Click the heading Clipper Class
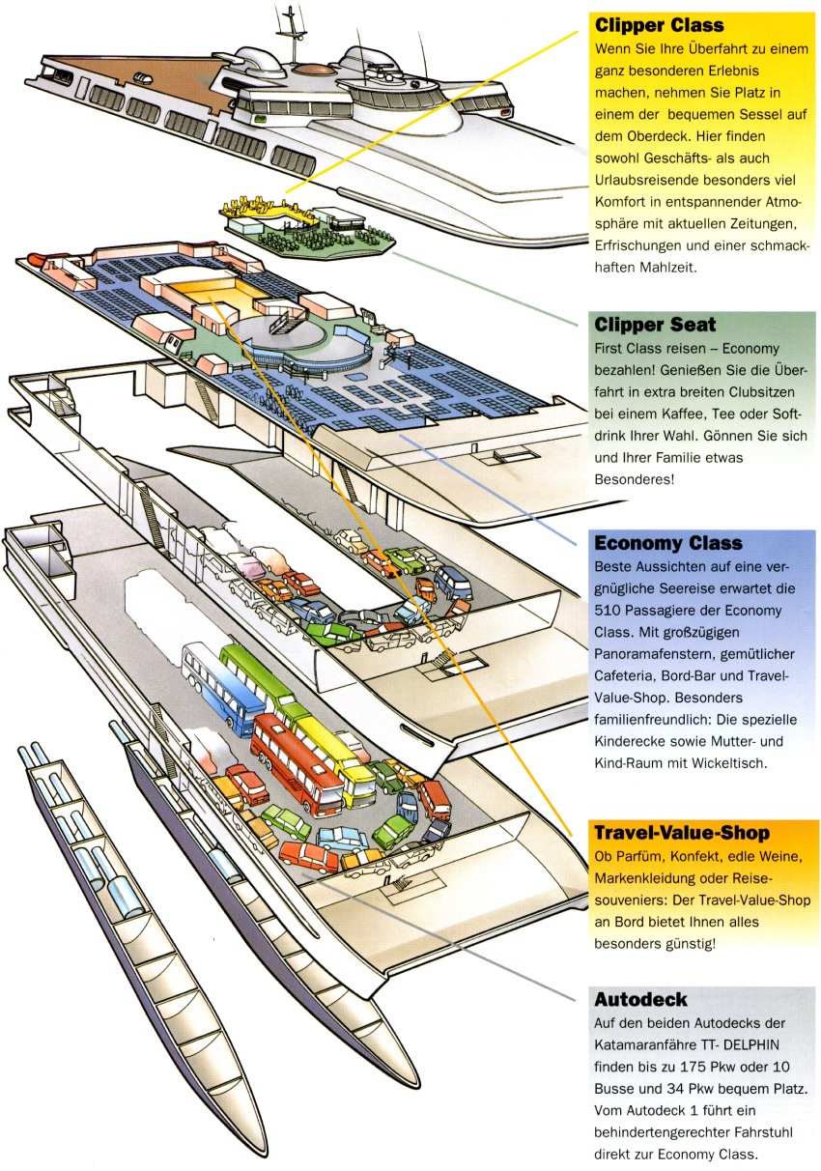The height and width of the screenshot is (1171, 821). click(x=659, y=25)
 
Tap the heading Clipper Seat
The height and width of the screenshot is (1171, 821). click(x=655, y=326)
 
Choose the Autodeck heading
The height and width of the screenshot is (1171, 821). click(x=641, y=1000)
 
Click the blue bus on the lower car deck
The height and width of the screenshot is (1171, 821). click(x=222, y=688)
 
